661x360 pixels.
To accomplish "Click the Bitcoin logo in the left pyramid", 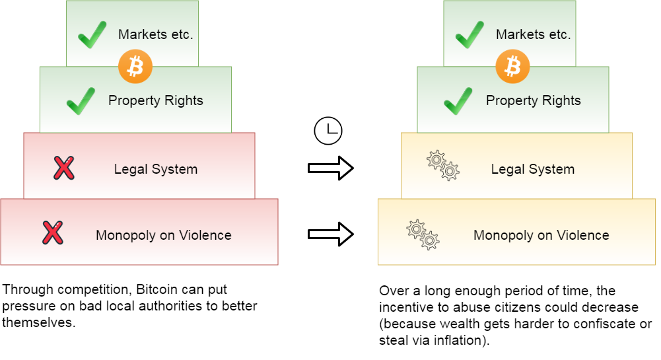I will tap(135, 66).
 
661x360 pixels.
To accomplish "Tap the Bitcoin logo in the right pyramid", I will tap(512, 66).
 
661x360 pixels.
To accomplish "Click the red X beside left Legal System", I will tap(63, 168).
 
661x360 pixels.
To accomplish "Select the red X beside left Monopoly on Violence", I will tap(52, 233).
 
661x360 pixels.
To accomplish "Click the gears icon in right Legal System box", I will tap(442, 166).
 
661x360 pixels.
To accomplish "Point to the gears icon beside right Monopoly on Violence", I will tap(423, 234).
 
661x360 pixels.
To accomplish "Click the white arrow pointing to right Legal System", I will tap(330, 168).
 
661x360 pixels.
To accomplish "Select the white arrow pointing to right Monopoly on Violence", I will tap(330, 234).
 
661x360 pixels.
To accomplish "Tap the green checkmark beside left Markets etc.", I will tap(92, 34).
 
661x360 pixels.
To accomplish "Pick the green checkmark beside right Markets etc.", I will tap(469, 34).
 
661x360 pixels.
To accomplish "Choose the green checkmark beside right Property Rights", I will tap(458, 100).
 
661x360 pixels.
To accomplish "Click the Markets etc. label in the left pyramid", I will tap(156, 35).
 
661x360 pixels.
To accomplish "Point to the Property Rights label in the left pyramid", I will tap(156, 101).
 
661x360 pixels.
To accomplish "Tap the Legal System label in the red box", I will tap(156, 169).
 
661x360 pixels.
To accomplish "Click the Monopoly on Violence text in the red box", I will tap(164, 235).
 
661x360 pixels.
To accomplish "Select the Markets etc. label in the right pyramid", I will tap(534, 35).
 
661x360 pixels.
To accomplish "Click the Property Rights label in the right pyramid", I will tap(534, 101).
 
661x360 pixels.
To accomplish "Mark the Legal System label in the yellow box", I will tap(533, 169).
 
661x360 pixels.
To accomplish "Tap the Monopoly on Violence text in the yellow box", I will tap(541, 235).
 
